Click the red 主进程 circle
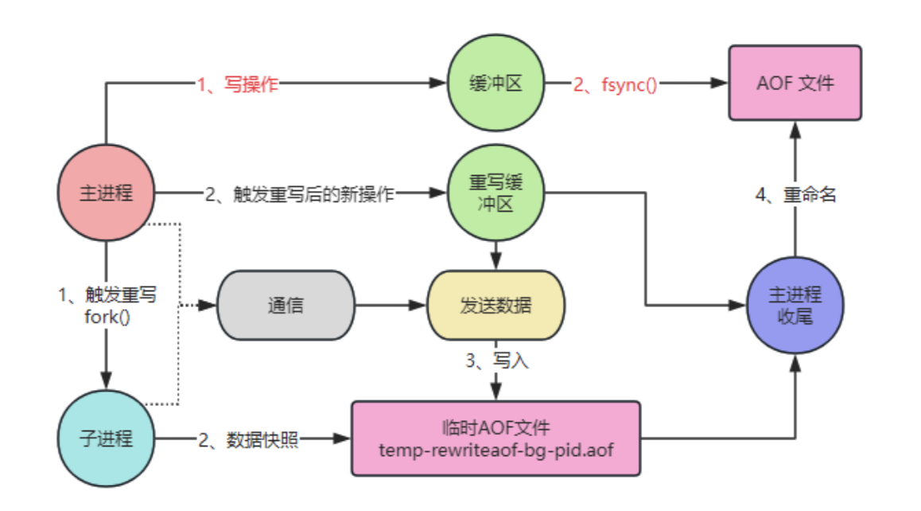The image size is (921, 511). (106, 193)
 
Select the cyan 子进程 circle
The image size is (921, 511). (106, 439)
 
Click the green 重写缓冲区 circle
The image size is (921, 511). (496, 193)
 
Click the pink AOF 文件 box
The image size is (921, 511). (795, 83)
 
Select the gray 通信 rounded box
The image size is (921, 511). (284, 305)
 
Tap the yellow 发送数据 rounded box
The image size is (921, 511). (496, 305)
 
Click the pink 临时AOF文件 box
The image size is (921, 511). (496, 439)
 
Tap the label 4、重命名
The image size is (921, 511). (795, 194)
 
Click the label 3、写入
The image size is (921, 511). (496, 361)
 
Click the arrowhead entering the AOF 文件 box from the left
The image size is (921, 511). (721, 83)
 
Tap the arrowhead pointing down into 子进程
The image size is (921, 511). (106, 380)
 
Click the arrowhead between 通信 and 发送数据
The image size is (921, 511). (418, 305)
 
